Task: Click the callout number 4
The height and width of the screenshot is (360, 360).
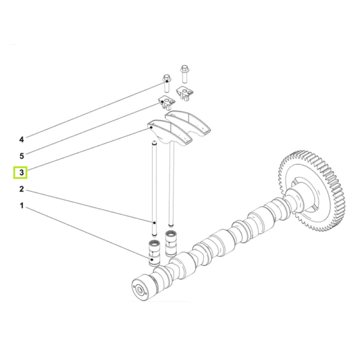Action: [22, 139]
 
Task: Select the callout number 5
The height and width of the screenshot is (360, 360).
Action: [22, 155]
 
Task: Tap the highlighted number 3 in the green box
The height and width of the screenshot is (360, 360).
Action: [22, 173]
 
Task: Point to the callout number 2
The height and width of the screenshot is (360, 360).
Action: [22, 190]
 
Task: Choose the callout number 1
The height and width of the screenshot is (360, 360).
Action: [22, 206]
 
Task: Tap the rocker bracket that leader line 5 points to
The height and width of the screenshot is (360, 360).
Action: [166, 100]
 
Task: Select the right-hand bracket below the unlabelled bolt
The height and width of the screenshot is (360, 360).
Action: [188, 91]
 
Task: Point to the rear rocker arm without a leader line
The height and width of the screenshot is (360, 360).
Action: [190, 122]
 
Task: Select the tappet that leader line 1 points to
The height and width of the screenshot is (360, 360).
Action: [154, 253]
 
